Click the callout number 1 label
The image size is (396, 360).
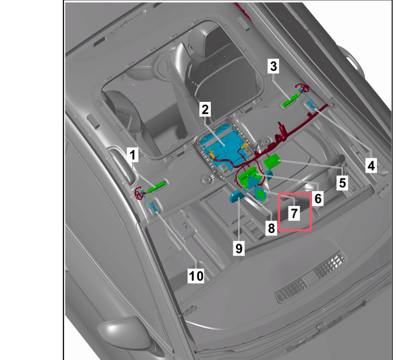point(133,155)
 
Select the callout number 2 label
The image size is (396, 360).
point(205,109)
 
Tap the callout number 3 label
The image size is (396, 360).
point(274,66)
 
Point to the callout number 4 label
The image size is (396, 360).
point(372,166)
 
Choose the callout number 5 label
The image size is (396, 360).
point(342,183)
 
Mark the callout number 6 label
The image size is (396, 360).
point(318,199)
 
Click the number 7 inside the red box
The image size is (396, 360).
point(294,213)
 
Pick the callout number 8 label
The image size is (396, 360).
point(271,228)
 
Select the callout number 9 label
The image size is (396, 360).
point(239,249)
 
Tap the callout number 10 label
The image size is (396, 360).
point(196,276)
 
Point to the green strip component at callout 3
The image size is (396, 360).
point(291,100)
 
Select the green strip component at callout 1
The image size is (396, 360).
point(157,187)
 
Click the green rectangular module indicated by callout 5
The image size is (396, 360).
point(272,161)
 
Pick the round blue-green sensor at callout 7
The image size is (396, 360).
point(260,194)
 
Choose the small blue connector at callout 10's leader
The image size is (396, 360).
point(154,206)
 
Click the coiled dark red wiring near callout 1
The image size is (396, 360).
point(139,193)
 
